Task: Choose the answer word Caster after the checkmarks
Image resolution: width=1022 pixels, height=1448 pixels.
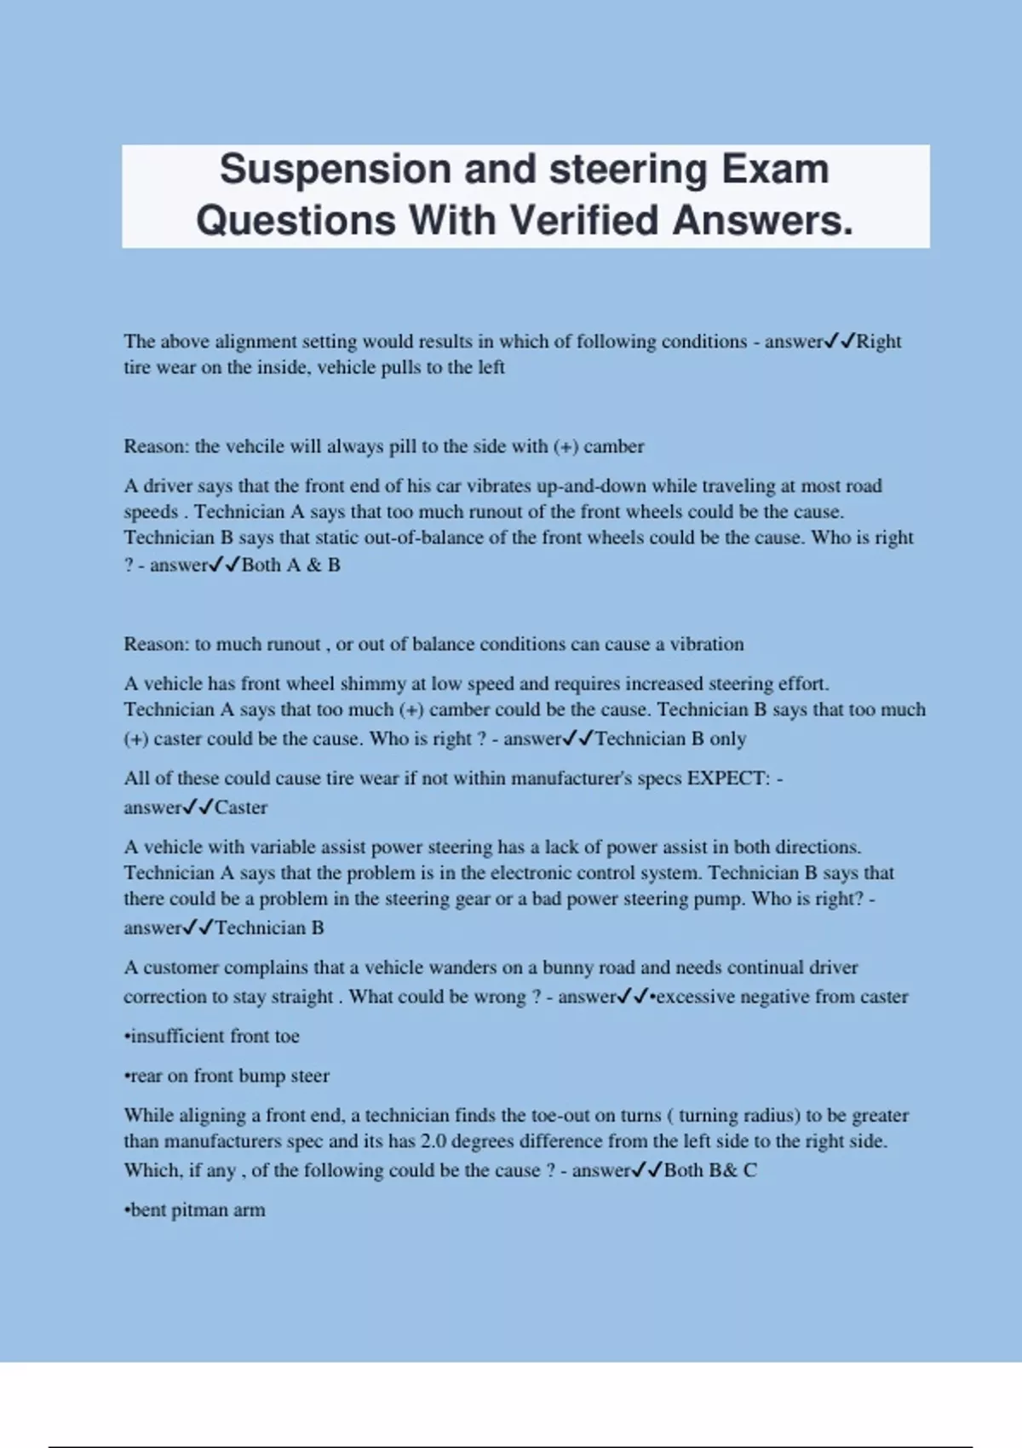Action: pyautogui.click(x=241, y=807)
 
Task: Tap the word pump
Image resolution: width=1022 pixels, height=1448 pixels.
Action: pyautogui.click(x=723, y=899)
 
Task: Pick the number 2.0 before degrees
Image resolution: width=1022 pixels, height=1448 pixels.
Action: pyautogui.click(x=433, y=1141)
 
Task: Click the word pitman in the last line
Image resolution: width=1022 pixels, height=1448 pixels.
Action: pyautogui.click(x=199, y=1210)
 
